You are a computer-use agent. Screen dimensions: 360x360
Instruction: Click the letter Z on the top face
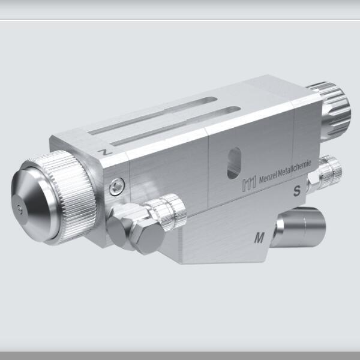[x=106, y=154]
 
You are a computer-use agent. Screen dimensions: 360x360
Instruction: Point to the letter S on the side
[x=296, y=192]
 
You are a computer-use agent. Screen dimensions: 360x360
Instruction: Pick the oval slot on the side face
[x=235, y=164]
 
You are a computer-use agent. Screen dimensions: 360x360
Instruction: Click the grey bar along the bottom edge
[x=180, y=355]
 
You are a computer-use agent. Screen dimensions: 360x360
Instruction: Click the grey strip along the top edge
[x=180, y=9]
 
